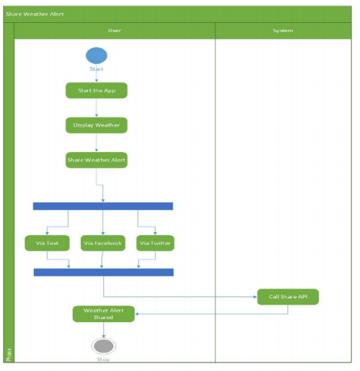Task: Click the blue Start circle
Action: point(96,56)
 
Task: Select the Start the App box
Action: point(96,91)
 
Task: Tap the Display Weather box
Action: point(96,124)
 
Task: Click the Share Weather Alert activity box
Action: point(96,160)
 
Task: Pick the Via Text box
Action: point(47,244)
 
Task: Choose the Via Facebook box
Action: point(102,244)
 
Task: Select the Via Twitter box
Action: point(155,244)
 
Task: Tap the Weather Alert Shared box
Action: point(103,314)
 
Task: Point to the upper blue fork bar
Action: point(103,206)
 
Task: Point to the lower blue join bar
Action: point(103,272)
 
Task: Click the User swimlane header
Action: point(115,31)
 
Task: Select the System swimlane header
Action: point(283,31)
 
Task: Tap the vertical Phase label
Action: point(8,353)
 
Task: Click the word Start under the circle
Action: point(96,69)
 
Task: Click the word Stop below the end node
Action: point(103,358)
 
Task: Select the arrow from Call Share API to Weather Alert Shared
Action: point(199,311)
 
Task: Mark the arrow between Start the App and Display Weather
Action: point(96,108)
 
